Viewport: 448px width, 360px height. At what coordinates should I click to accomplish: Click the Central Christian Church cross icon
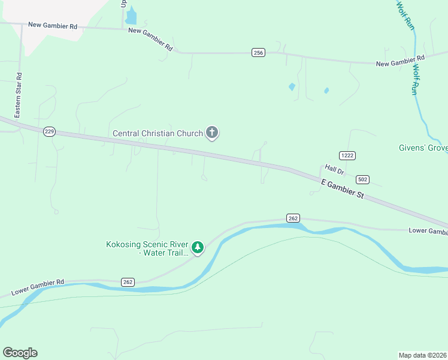(x=211, y=133)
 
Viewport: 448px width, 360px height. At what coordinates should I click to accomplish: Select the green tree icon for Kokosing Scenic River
(x=198, y=247)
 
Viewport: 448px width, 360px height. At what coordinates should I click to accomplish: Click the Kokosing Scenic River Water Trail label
(x=148, y=249)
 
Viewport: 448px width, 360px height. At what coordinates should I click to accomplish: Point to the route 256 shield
(x=258, y=53)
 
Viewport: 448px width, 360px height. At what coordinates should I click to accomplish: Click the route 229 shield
(x=50, y=131)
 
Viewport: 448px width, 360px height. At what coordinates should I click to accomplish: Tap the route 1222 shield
(x=347, y=155)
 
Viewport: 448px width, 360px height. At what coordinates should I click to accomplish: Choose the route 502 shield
(x=362, y=179)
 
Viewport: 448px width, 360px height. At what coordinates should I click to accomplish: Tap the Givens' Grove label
(x=423, y=148)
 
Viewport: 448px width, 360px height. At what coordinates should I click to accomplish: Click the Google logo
(x=20, y=353)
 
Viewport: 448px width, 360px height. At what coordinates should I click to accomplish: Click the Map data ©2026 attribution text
(x=422, y=355)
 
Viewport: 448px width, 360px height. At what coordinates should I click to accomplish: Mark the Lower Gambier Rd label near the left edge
(x=38, y=287)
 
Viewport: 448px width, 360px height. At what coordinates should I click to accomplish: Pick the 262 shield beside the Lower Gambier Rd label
(x=128, y=281)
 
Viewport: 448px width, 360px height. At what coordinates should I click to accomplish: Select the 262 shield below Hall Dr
(x=293, y=218)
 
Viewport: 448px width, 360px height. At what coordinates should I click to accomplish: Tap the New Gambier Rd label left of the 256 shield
(x=150, y=38)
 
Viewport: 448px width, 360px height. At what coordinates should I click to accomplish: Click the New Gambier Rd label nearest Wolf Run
(x=400, y=61)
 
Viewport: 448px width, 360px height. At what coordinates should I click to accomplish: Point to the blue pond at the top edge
(x=131, y=16)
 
